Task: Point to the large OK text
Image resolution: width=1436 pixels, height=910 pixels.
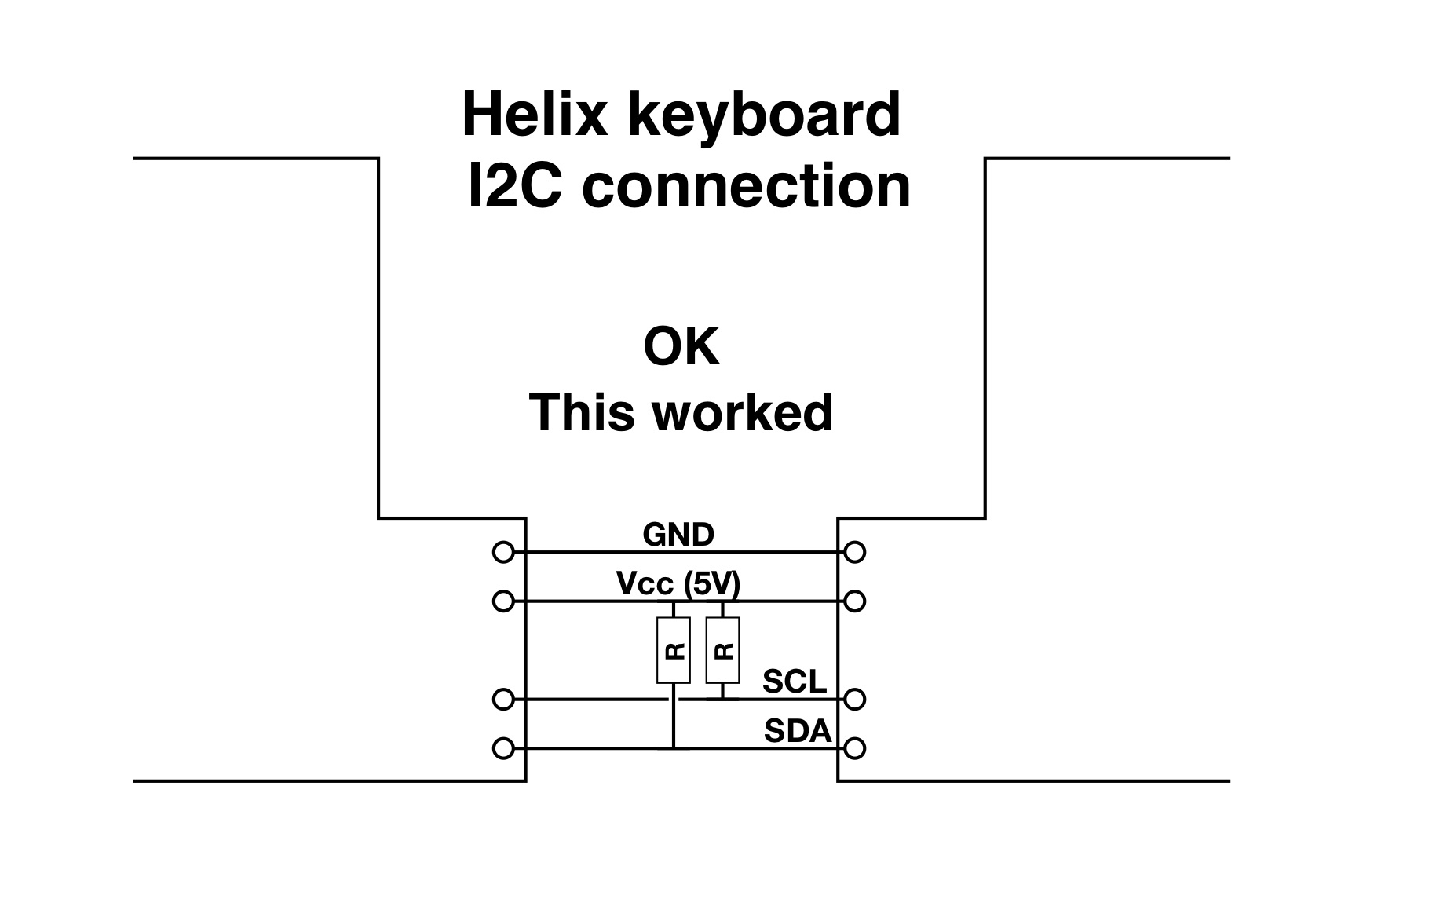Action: [x=681, y=347]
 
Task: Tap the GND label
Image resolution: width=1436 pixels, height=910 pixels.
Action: [x=678, y=535]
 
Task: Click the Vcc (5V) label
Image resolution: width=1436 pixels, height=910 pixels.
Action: [x=678, y=583]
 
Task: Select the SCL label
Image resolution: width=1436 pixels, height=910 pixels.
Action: [x=795, y=682]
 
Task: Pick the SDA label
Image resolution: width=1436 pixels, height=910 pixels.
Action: [x=797, y=732]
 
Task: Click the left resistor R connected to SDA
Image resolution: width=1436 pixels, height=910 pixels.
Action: [x=673, y=650]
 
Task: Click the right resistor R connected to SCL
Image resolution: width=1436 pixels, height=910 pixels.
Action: [x=722, y=650]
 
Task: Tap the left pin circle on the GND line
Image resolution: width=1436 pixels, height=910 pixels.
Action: [x=503, y=553]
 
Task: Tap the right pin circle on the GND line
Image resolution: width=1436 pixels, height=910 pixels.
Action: [x=855, y=553]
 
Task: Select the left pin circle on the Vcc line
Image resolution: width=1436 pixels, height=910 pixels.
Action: [x=503, y=601]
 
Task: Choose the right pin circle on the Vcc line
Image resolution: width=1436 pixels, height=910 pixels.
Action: [x=855, y=601]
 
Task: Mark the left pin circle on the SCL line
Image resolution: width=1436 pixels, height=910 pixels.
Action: [x=503, y=699]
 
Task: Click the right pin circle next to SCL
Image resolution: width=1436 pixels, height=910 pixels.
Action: [x=855, y=699]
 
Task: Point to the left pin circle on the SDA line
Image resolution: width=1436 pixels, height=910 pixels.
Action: [x=503, y=748]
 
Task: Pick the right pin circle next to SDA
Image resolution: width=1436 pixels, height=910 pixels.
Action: [x=855, y=748]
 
